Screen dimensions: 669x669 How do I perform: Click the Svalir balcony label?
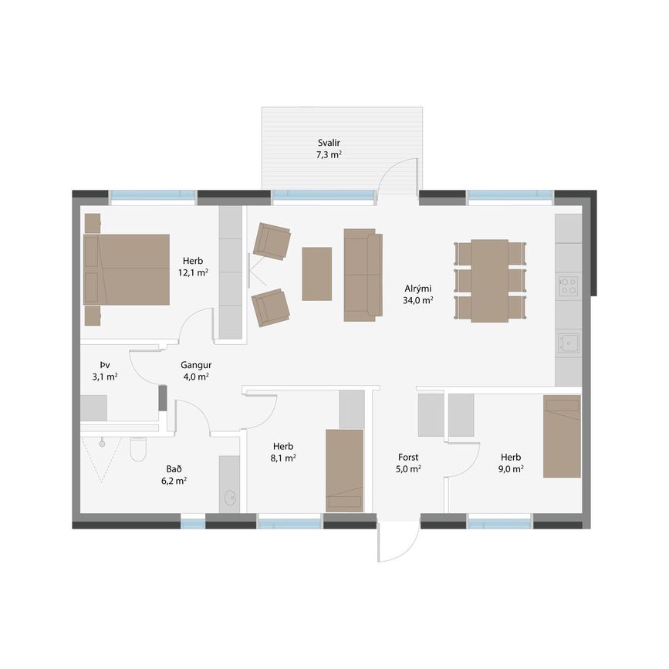tap(329, 143)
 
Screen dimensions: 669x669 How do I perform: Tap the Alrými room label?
tap(417, 289)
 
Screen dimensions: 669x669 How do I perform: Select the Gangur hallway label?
tap(196, 365)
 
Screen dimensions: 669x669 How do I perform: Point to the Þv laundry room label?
tap(105, 365)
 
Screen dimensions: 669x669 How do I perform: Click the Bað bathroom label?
tap(174, 469)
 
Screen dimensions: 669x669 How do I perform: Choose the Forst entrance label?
tap(408, 458)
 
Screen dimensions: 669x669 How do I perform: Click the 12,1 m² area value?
tap(193, 272)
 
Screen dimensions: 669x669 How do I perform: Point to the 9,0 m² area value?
tap(511, 469)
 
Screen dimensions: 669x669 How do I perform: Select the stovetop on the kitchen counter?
tap(569, 286)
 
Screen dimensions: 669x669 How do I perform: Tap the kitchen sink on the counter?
tap(569, 343)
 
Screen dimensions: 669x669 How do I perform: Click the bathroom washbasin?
tap(230, 497)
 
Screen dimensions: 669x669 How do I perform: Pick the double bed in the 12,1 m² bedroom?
tap(127, 269)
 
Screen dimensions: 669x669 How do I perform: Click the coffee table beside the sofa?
tap(316, 274)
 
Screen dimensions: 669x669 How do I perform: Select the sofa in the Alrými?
tap(363, 275)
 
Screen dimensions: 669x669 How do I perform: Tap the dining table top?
tap(490, 281)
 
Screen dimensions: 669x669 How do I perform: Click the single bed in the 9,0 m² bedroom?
tap(562, 437)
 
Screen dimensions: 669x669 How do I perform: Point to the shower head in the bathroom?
tap(102, 444)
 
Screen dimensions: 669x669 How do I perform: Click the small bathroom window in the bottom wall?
tap(193, 523)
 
